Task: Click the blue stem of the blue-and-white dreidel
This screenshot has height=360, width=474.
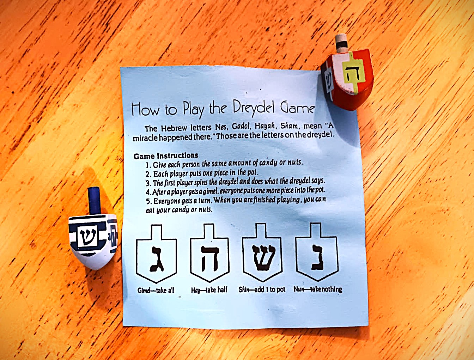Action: coord(95,201)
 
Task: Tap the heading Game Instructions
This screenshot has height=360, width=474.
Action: coord(166,155)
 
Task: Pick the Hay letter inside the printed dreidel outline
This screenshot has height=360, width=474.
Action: coord(210,259)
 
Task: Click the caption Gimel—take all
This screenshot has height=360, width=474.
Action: coord(156,291)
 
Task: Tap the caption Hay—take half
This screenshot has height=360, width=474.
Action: coord(209,290)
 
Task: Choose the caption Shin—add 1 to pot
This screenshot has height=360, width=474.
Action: coord(262,289)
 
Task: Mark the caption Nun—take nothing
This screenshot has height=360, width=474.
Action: coord(318,289)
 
